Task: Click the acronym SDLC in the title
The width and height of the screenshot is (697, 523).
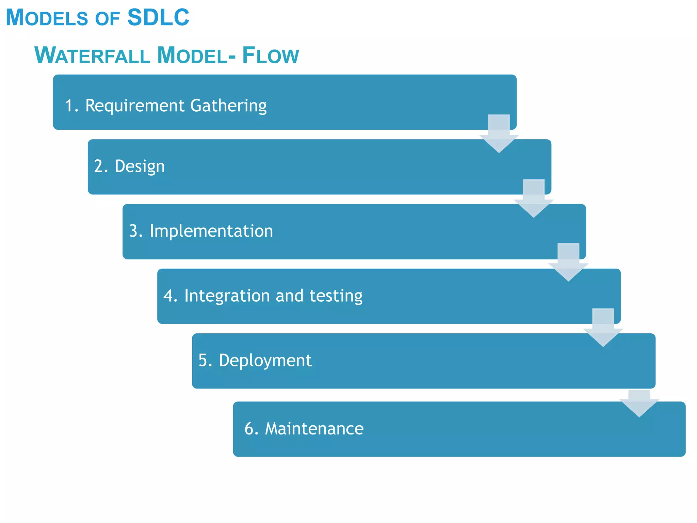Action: pos(158,17)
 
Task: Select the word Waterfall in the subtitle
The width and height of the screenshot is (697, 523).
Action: pos(92,55)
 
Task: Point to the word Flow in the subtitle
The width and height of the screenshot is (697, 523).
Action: pos(271,56)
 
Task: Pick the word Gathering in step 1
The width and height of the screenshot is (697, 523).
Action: pos(228,106)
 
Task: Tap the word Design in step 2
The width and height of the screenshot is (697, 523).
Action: pos(140,167)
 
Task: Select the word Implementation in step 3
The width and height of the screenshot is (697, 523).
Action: pos(211,231)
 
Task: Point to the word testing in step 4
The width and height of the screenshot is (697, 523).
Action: pos(336,296)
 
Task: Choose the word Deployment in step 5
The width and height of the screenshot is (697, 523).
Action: pos(265,361)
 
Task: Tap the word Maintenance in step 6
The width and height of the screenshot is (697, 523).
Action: pos(314,428)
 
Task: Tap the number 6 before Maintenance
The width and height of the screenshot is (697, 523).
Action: pos(249,428)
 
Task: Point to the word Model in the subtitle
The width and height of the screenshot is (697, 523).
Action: pos(192,56)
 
